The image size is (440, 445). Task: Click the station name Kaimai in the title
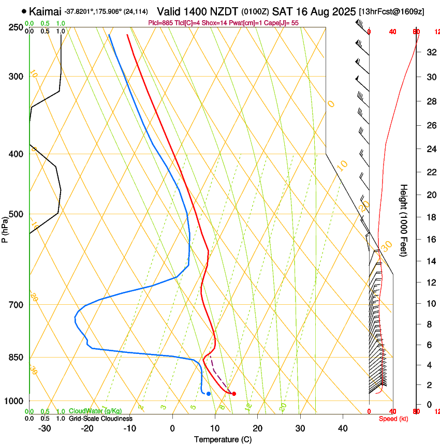(45, 11)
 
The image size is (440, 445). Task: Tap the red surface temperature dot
(234, 394)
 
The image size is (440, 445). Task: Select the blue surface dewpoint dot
(209, 394)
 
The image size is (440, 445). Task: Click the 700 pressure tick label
(16, 305)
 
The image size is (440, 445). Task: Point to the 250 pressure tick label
(16, 27)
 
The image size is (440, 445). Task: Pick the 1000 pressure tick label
(14, 401)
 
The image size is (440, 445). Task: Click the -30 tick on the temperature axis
(45, 428)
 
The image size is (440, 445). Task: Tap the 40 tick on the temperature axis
(343, 428)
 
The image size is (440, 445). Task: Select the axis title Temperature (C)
(223, 439)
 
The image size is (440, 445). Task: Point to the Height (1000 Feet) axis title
(404, 220)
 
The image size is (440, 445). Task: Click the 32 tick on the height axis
(430, 52)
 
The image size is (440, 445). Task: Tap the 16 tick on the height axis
(430, 240)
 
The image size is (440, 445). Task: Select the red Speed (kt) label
(393, 419)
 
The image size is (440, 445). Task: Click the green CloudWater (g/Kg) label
(95, 411)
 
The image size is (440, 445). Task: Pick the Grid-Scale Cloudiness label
(100, 419)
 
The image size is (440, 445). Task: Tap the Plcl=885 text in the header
(161, 23)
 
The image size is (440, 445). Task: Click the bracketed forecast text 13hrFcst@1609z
(391, 11)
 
